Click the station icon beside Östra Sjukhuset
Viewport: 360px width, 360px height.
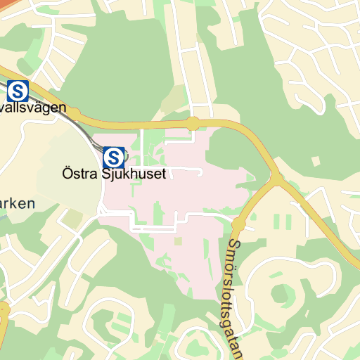pos(113,156)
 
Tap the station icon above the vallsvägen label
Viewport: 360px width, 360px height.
pos(18,90)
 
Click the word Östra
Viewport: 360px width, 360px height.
pos(78,173)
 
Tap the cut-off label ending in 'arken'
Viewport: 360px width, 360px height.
pos(17,204)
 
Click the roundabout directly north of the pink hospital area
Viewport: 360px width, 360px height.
pos(193,123)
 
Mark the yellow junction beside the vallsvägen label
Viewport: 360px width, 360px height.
pos(73,112)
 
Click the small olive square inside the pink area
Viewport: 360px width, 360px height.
pos(178,241)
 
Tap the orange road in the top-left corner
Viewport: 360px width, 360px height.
pos(11,4)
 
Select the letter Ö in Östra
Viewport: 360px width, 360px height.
pos(67,172)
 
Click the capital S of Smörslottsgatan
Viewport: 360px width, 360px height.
pos(233,245)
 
